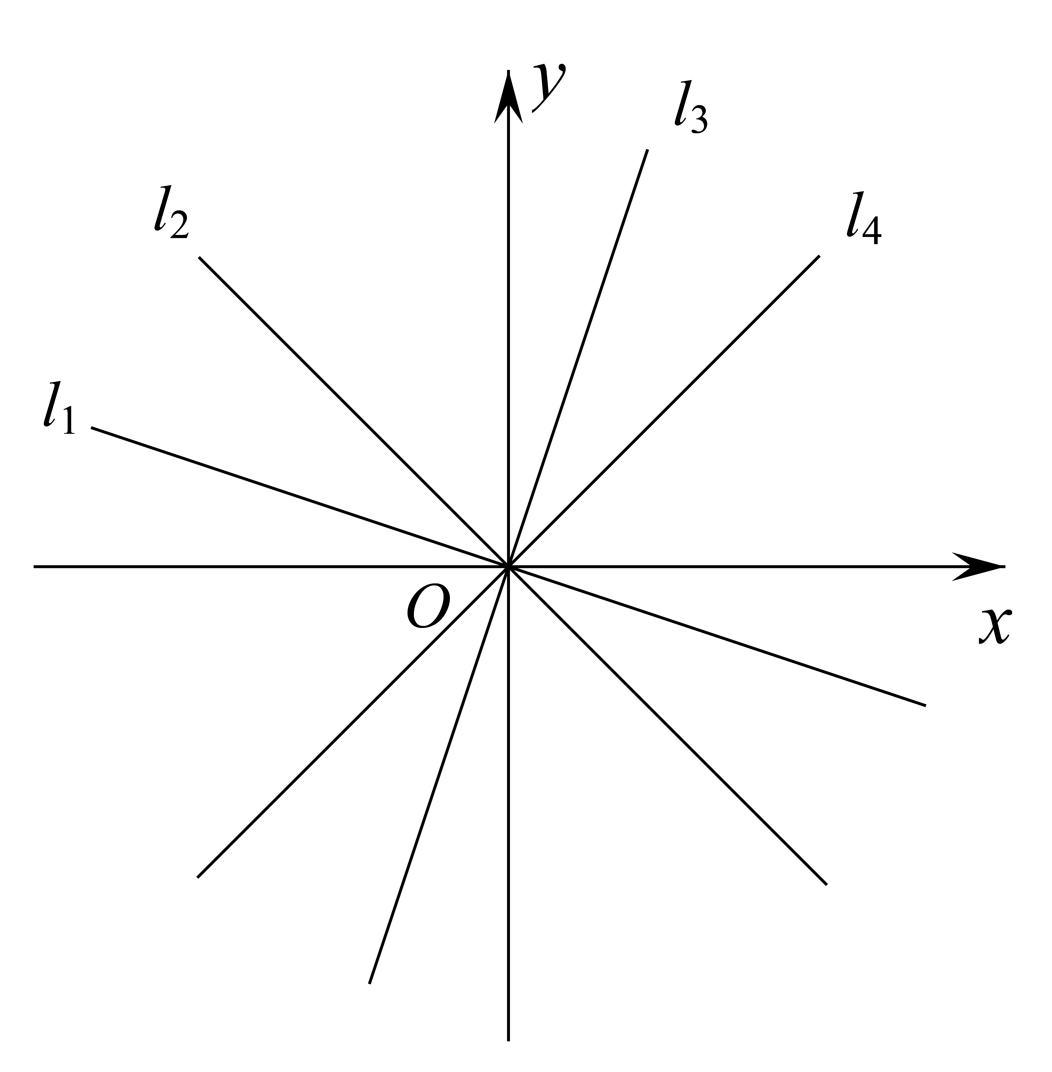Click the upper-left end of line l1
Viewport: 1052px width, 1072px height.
point(92,427)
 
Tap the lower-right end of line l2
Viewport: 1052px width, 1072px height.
point(827,885)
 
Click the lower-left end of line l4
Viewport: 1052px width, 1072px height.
point(198,877)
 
